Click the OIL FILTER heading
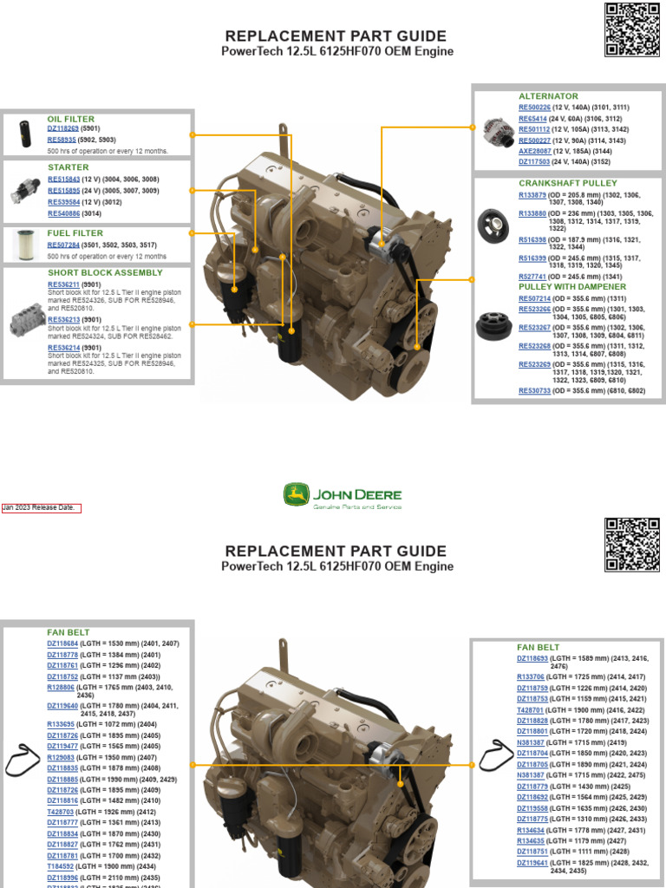pyautogui.click(x=70, y=119)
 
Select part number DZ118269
pyautogui.click(x=62, y=128)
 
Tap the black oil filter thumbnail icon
pyautogui.click(x=23, y=135)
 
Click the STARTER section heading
pyautogui.click(x=68, y=167)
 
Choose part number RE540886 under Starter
pyautogui.click(x=63, y=213)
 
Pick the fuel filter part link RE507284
pyautogui.click(x=63, y=245)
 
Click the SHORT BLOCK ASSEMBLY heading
pyautogui.click(x=105, y=273)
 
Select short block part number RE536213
pyautogui.click(x=63, y=319)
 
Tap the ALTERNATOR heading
pyautogui.click(x=548, y=96)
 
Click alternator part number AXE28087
pyautogui.click(x=535, y=151)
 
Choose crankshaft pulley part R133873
pyautogui.click(x=532, y=195)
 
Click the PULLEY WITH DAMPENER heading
pyautogui.click(x=571, y=287)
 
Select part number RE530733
pyautogui.click(x=534, y=391)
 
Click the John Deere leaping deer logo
pyautogui.click(x=297, y=496)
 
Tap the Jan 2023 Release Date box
pyautogui.click(x=42, y=508)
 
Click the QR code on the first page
pyautogui.click(x=632, y=29)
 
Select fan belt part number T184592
pyautogui.click(x=61, y=865)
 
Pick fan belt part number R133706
pyautogui.click(x=532, y=676)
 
